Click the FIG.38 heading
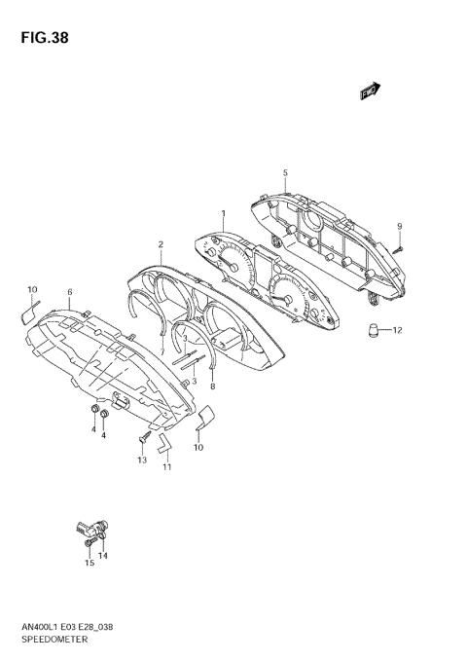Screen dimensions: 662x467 (41, 38)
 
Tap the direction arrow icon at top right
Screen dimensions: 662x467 (369, 92)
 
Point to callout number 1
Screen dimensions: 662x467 (223, 213)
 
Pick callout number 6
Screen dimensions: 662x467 (69, 292)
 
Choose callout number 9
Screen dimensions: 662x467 (399, 227)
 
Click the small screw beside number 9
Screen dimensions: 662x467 (398, 247)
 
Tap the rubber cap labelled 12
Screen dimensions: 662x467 (373, 330)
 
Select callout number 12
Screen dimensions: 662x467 (397, 331)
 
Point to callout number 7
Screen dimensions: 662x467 (162, 352)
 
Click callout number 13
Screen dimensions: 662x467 (141, 459)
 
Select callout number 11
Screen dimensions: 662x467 (166, 467)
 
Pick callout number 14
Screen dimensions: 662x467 (103, 556)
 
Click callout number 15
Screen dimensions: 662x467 (89, 563)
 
